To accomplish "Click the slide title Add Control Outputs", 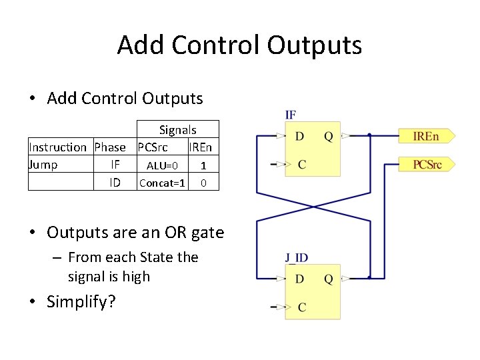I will point(239,45).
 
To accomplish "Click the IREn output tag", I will point(427,137).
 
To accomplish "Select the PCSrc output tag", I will point(427,163).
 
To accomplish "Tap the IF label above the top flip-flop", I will point(291,115).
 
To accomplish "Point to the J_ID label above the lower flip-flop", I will point(297,257).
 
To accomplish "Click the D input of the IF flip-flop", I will point(300,137).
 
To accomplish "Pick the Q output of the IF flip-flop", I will point(328,137).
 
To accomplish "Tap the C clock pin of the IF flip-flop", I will point(302,164).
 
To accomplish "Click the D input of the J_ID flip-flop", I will point(300,279).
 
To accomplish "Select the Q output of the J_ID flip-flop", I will point(328,279).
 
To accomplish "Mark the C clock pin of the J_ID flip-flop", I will point(302,307).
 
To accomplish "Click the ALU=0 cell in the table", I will point(162,165).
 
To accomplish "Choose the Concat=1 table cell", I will point(162,183).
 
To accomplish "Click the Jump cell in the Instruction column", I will point(43,165).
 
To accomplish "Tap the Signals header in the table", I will point(177,130).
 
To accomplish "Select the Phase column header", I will point(110,147).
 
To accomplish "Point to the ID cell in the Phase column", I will point(115,182).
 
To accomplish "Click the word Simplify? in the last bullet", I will point(81,302).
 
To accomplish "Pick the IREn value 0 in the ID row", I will point(203,183).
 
